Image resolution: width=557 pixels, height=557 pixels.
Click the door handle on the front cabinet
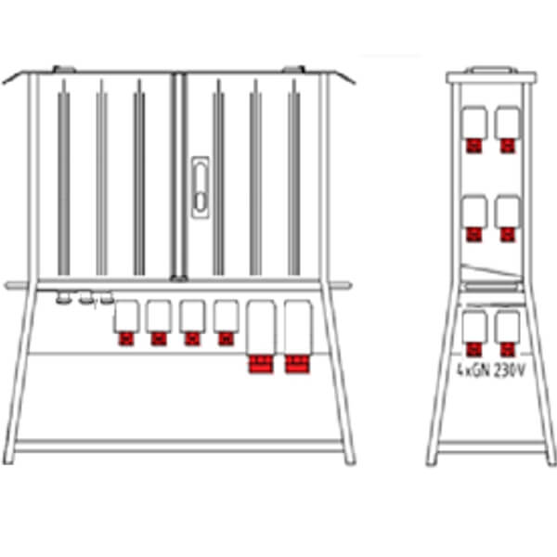click(x=200, y=188)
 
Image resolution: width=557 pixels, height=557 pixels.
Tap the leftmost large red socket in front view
click(x=261, y=364)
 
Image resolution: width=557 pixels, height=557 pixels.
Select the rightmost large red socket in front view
click(x=297, y=364)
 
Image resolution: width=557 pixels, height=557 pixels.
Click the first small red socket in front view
click(x=126, y=339)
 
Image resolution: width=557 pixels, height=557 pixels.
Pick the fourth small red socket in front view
click(x=227, y=339)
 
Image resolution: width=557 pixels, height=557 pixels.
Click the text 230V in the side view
click(x=509, y=370)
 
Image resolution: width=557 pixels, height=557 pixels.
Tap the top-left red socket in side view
click(x=474, y=146)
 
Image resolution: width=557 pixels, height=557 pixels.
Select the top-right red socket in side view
click(x=507, y=146)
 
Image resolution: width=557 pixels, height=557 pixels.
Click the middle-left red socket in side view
click(x=474, y=235)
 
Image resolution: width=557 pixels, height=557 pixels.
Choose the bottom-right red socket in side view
click(x=507, y=350)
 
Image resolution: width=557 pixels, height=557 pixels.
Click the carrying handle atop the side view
click(x=491, y=70)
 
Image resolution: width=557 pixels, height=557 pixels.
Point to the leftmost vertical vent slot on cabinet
click(x=64, y=177)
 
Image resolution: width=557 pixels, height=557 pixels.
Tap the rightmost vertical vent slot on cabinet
click(x=293, y=177)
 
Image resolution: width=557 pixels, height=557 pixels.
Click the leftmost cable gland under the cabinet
click(x=63, y=298)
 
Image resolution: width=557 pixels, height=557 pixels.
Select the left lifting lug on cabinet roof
click(x=64, y=69)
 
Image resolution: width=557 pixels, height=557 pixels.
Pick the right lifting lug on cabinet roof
click(x=293, y=69)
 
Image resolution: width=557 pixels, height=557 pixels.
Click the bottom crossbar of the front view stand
click(x=178, y=446)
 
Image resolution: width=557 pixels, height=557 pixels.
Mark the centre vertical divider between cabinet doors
click(x=178, y=176)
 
